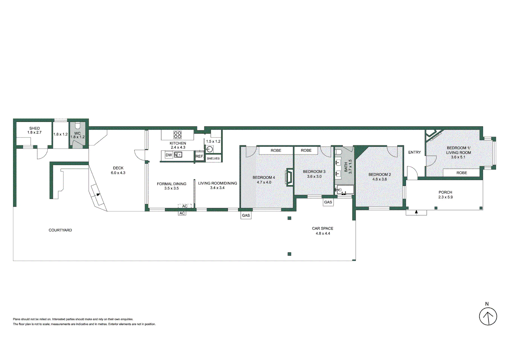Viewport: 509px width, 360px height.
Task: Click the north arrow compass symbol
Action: tap(488, 316)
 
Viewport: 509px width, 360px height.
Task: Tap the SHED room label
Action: tap(34, 128)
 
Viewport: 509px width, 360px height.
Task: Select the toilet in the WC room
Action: tap(78, 126)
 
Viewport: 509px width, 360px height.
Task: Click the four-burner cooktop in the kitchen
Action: tap(177, 135)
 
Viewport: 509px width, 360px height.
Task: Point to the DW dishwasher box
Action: tap(169, 155)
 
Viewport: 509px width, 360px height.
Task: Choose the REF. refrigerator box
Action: tap(199, 156)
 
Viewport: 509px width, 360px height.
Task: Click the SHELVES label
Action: tap(213, 158)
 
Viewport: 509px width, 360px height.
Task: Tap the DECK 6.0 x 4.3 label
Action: tap(118, 170)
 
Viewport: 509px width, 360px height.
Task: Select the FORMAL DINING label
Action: tap(171, 184)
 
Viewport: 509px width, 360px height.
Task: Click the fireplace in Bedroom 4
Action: tap(289, 177)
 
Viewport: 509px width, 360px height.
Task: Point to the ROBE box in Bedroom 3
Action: tap(306, 151)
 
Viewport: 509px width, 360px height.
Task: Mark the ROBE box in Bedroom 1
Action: tap(461, 173)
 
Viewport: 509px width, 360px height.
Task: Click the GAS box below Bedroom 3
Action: tap(328, 202)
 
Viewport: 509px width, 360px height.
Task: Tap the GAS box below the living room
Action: tap(246, 216)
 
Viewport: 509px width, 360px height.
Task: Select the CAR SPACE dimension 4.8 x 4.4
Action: tap(323, 233)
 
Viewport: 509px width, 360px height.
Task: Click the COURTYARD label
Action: tap(60, 230)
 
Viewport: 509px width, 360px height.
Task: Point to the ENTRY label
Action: tap(414, 152)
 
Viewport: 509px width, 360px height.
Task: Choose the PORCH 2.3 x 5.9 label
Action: tap(445, 195)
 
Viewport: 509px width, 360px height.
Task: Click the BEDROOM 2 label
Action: tap(379, 174)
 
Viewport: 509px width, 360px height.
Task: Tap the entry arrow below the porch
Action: tap(416, 212)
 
